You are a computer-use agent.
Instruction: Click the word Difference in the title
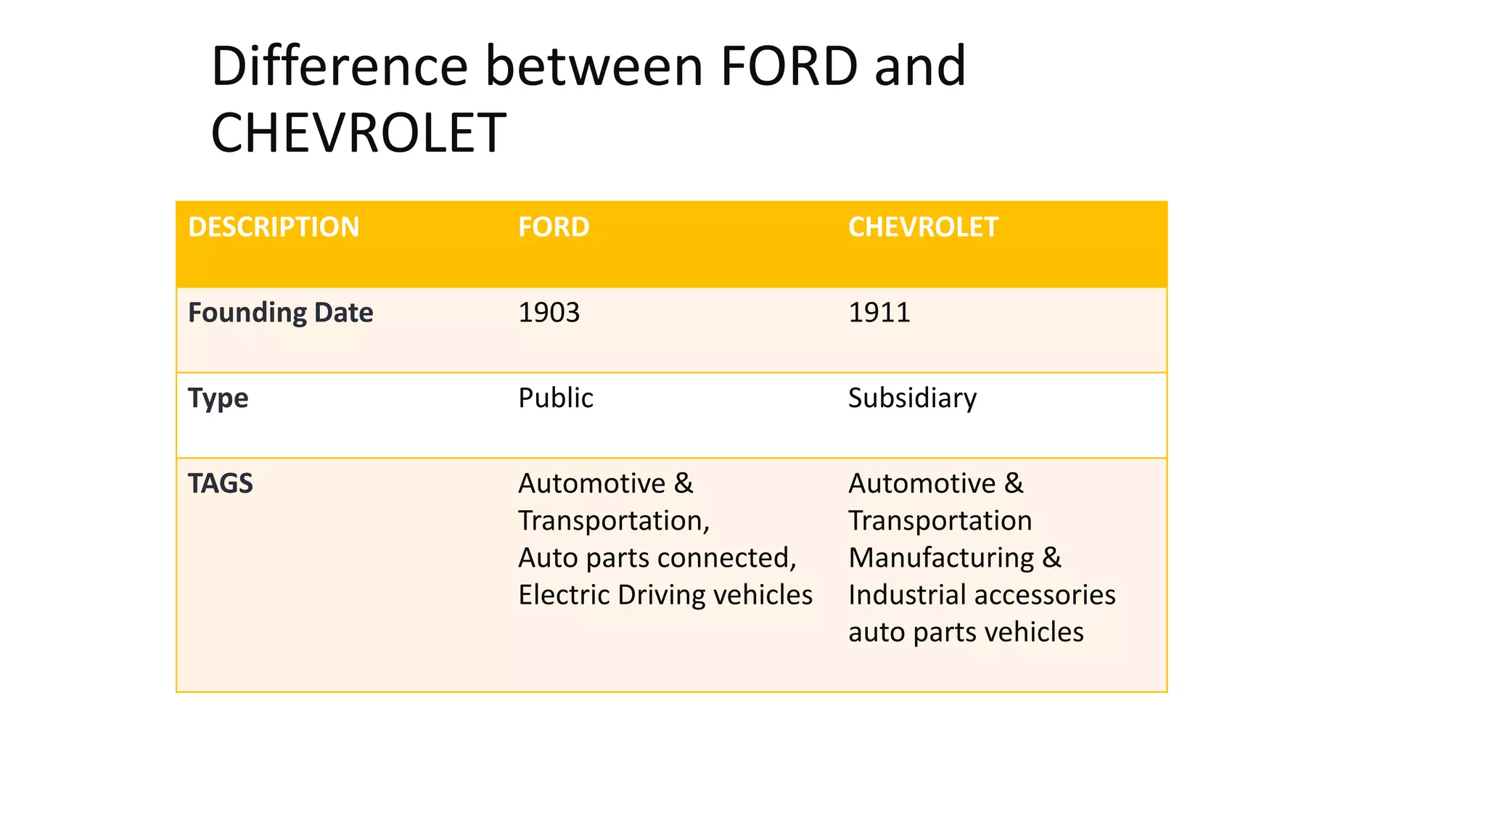pyautogui.click(x=340, y=66)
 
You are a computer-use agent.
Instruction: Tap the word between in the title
pyautogui.click(x=594, y=66)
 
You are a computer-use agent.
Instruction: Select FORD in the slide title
pyautogui.click(x=789, y=66)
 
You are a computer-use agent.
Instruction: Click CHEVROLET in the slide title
pyautogui.click(x=358, y=134)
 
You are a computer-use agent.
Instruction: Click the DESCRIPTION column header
pyautogui.click(x=274, y=227)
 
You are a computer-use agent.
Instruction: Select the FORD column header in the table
pyautogui.click(x=554, y=227)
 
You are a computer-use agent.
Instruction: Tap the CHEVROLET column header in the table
pyautogui.click(x=923, y=227)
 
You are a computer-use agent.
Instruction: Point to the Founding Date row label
pyautogui.click(x=280, y=313)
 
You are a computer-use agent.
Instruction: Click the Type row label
pyautogui.click(x=218, y=398)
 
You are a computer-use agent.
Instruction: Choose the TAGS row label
pyautogui.click(x=221, y=483)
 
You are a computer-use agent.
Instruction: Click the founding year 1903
pyautogui.click(x=549, y=313)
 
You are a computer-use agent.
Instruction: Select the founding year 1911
pyautogui.click(x=879, y=313)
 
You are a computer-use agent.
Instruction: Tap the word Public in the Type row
pyautogui.click(x=555, y=398)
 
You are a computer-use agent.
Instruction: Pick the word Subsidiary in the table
pyautogui.click(x=912, y=398)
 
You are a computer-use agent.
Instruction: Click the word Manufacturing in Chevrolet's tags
pyautogui.click(x=941, y=558)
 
